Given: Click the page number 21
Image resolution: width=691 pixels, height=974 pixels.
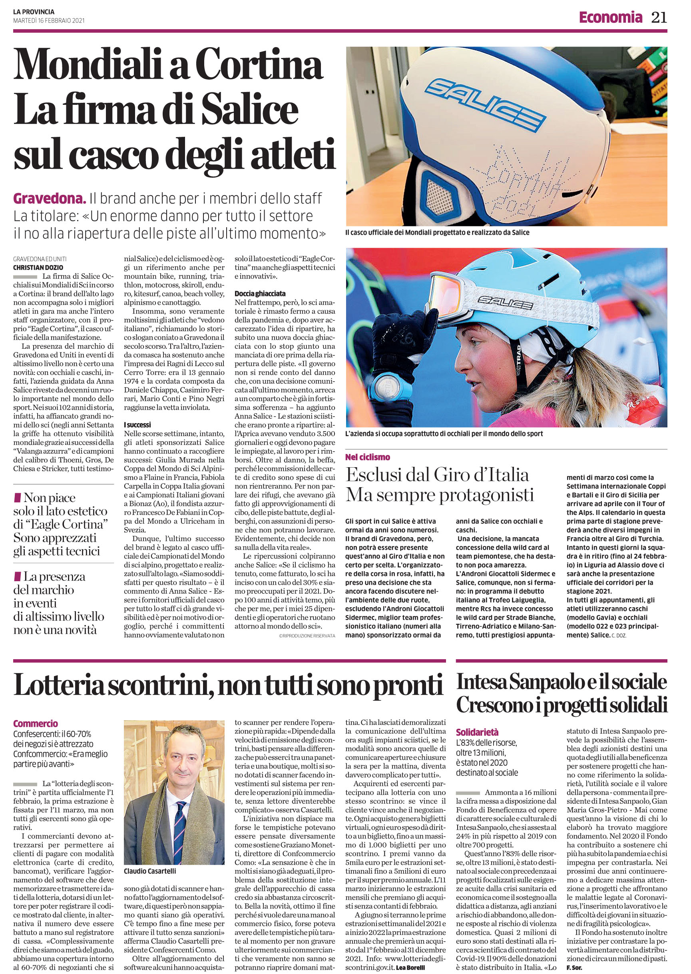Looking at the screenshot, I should [659, 18].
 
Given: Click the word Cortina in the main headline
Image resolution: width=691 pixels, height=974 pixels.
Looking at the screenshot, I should [261, 65].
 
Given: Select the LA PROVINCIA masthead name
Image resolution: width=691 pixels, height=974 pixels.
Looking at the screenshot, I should [34, 12].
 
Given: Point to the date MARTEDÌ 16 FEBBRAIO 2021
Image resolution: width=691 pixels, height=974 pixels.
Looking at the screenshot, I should [48, 20].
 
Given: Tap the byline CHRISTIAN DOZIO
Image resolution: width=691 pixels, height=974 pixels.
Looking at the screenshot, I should [38, 268].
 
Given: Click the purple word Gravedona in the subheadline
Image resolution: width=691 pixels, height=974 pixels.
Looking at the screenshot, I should [50, 198].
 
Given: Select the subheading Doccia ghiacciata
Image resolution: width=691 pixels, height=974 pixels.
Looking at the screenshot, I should [260, 294].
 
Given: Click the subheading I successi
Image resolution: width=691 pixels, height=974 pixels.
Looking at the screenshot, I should [137, 425].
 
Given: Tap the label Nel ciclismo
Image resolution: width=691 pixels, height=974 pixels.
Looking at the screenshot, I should [367, 457].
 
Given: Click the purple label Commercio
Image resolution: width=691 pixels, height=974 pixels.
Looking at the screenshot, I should [35, 723].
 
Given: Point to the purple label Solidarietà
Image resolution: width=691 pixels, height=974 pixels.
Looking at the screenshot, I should [477, 732].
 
